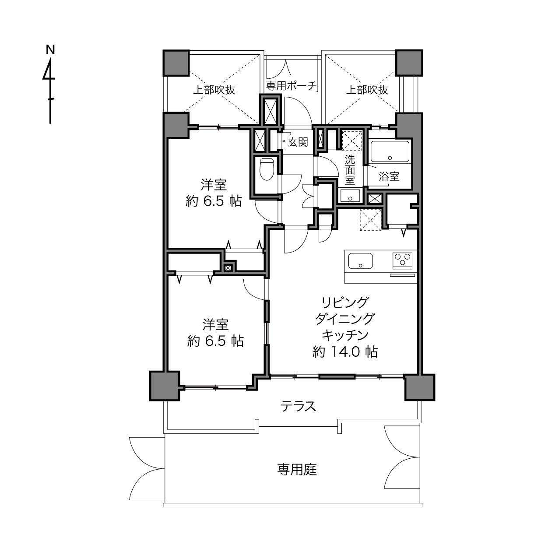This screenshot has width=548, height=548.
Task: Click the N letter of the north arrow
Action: [50, 49]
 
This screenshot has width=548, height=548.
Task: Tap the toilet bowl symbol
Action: [267, 169]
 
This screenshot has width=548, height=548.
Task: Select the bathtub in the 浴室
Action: [390, 151]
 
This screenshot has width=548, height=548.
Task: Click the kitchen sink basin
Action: [360, 261]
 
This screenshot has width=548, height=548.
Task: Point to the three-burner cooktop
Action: [402, 260]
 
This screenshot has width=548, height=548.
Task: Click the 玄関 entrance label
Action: [298, 142]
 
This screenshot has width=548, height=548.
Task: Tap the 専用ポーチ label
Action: [291, 85]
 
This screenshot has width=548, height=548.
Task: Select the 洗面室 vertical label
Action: [350, 170]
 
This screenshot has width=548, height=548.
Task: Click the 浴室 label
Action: [389, 176]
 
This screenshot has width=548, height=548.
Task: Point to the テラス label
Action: [299, 407]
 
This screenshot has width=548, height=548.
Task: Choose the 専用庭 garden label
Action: [297, 470]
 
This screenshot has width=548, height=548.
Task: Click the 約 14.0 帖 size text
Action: [345, 352]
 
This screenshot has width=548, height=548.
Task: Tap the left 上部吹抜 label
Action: [214, 90]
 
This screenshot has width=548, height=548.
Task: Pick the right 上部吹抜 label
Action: [367, 90]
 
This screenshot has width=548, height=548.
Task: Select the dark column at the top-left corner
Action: [176, 63]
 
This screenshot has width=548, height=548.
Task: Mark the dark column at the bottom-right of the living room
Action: [420, 388]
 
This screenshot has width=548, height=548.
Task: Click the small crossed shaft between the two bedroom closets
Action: [228, 267]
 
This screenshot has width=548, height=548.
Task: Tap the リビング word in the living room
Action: [345, 303]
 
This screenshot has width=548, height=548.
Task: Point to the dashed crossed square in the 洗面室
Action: [352, 141]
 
